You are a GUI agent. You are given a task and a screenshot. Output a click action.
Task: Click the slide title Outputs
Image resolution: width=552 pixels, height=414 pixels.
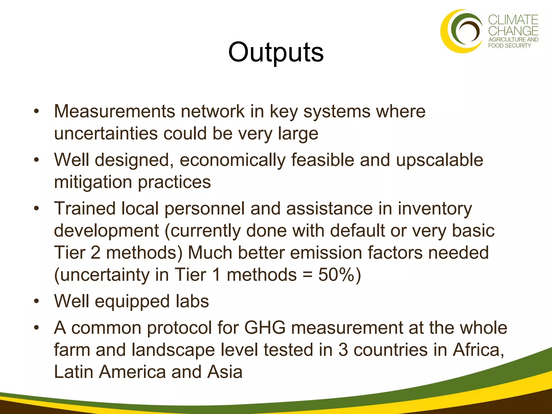[276, 52]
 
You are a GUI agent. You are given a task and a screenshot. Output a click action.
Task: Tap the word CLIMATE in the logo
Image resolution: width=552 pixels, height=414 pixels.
[513, 20]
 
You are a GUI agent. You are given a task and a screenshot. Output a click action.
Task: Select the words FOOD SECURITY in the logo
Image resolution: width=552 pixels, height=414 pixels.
[509, 46]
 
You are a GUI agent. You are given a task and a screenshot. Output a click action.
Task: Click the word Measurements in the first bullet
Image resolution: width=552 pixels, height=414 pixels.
[114, 111]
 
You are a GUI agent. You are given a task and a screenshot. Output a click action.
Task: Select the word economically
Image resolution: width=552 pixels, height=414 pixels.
[232, 160]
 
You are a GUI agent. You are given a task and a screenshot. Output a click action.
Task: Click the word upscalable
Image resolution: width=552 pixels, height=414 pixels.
[439, 160]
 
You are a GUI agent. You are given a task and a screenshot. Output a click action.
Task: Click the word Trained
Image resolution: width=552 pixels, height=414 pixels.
[84, 209]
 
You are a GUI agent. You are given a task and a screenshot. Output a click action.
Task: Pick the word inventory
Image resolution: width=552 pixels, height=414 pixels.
[435, 209]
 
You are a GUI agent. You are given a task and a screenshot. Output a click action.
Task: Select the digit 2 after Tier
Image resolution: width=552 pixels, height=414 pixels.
[95, 253]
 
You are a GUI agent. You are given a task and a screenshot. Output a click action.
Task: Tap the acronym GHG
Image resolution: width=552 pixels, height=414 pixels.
[265, 328]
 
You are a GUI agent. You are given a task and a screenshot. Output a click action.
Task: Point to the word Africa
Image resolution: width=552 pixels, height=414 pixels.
[478, 350]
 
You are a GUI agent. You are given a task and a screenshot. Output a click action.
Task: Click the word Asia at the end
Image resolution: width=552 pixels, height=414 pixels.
[225, 372]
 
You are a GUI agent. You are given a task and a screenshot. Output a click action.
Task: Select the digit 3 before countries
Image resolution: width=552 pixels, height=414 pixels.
[343, 350]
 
